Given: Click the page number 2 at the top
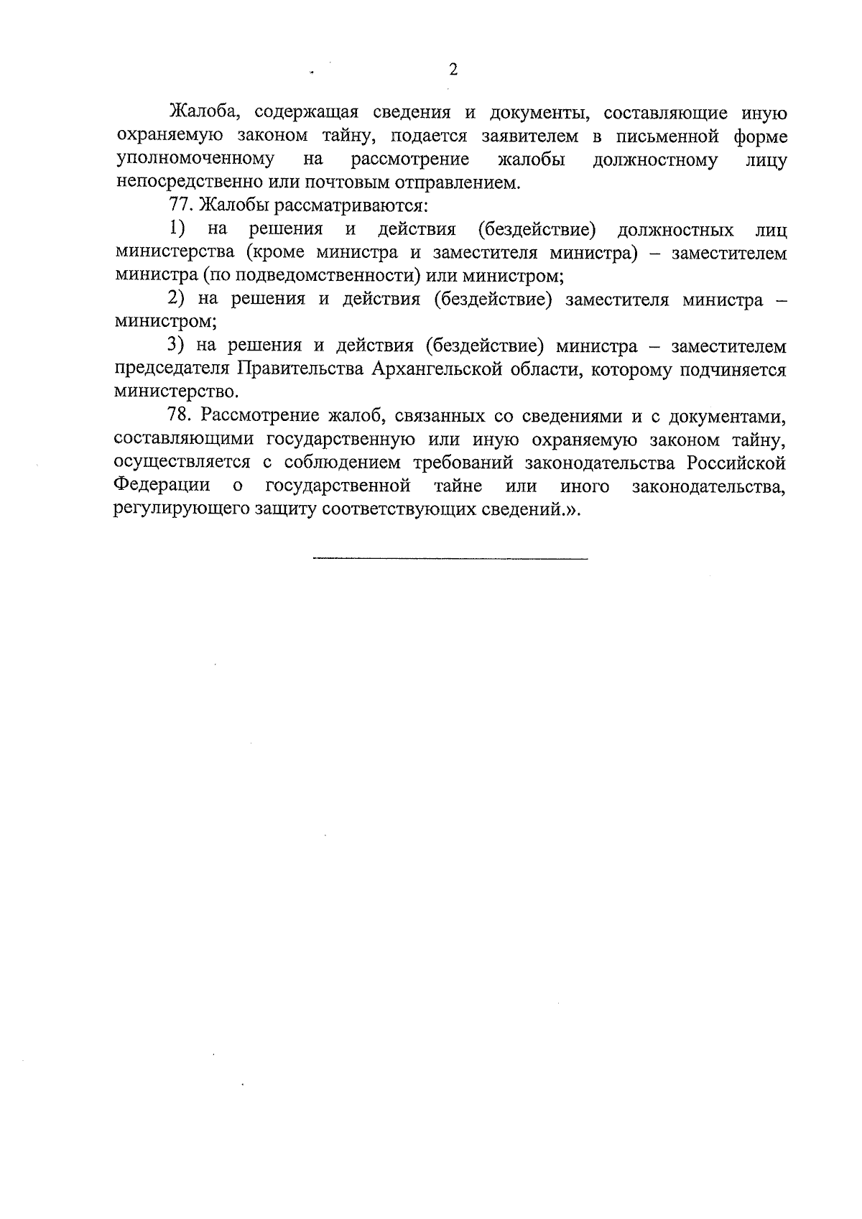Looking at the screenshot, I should coord(453,69).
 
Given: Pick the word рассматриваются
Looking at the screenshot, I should coord(366,206).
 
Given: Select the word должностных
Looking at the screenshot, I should coord(675,230).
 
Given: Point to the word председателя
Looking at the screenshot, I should coord(171,369).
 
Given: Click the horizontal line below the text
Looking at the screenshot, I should coord(450,558).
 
